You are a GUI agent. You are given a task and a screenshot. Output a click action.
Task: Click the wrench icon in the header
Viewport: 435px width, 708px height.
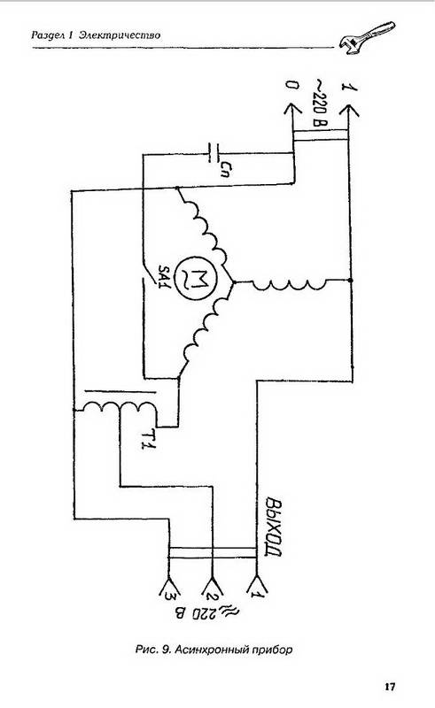367,38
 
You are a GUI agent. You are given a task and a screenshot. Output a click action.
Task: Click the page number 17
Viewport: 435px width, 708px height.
390,687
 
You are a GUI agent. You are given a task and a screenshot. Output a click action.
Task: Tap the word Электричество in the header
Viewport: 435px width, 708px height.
120,35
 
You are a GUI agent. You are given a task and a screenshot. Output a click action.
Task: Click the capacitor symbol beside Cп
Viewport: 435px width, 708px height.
214,153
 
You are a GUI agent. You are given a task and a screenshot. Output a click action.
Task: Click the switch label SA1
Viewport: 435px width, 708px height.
164,275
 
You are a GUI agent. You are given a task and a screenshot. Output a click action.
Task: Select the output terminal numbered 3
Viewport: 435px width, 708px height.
168,590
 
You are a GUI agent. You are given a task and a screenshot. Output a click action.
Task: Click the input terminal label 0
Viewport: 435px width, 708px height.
292,85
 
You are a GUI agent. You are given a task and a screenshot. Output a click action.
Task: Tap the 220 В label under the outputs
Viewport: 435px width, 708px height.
207,613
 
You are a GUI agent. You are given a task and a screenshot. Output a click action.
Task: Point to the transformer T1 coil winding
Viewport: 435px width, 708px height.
117,410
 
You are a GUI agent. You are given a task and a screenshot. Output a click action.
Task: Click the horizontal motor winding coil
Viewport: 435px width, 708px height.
288,283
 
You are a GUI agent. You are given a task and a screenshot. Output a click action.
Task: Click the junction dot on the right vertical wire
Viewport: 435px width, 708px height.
352,281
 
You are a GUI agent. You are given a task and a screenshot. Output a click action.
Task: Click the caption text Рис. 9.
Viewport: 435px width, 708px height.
153,650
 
